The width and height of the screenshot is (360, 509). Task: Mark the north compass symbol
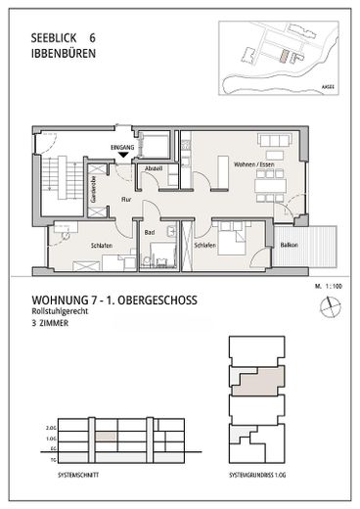pyautogui.click(x=328, y=306)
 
